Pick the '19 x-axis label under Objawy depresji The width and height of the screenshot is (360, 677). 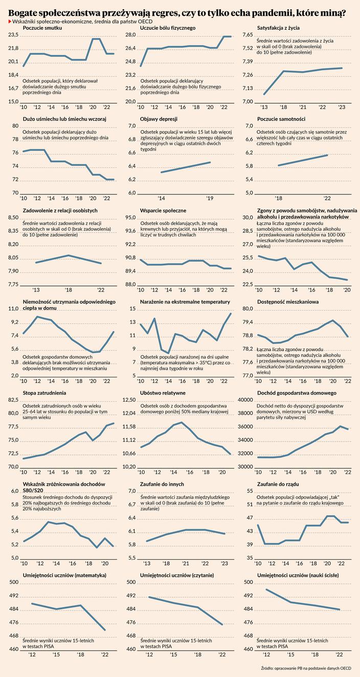click(210, 198)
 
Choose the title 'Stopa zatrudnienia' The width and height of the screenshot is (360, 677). click(44, 392)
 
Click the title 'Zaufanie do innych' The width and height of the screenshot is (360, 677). click(162, 484)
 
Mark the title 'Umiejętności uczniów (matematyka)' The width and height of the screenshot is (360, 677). click(64, 575)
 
